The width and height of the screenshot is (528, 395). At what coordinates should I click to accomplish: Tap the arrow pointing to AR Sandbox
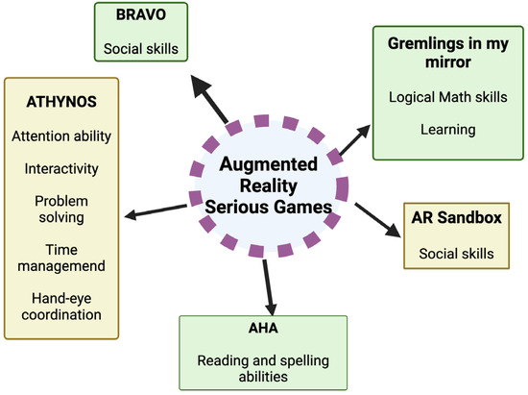376,219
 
